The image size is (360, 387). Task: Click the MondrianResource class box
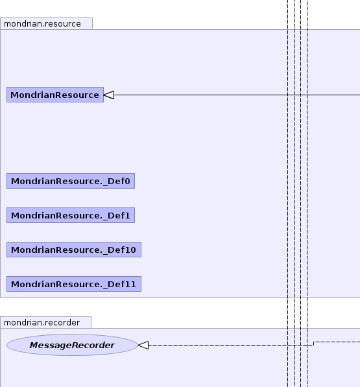pyautogui.click(x=55, y=95)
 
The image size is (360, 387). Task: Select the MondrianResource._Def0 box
pyautogui.click(x=71, y=181)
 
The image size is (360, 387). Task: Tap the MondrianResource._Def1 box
pyautogui.click(x=71, y=215)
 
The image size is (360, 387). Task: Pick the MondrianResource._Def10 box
pyautogui.click(x=74, y=250)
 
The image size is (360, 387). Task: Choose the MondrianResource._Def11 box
pyautogui.click(x=74, y=284)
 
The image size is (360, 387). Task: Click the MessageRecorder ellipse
pyautogui.click(x=72, y=345)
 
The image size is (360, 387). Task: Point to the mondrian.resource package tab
pyautogui.click(x=47, y=24)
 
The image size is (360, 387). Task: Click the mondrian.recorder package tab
pyautogui.click(x=45, y=323)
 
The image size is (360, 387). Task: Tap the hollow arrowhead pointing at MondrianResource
pyautogui.click(x=109, y=95)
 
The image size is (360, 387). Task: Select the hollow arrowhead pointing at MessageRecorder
pyautogui.click(x=143, y=345)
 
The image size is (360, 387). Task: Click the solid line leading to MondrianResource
pyautogui.click(x=237, y=95)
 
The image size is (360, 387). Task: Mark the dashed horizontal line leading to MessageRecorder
pyautogui.click(x=231, y=345)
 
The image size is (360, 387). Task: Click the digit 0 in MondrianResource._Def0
pyautogui.click(x=127, y=181)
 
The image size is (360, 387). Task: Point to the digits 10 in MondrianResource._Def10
pyautogui.click(x=130, y=250)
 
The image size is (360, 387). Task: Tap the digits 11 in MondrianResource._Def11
pyautogui.click(x=130, y=284)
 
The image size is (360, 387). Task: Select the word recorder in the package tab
pyautogui.click(x=65, y=323)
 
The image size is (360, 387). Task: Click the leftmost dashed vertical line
pyautogui.click(x=287, y=193)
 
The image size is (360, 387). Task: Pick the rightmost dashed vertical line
pyautogui.click(x=307, y=193)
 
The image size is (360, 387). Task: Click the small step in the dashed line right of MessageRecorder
pyautogui.click(x=313, y=344)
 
